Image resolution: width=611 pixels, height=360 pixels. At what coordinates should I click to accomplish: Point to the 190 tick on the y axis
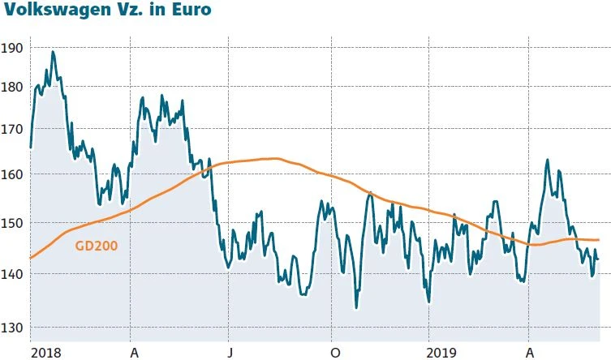pos(12,48)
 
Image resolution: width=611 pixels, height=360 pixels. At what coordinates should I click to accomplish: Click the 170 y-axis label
pos(12,128)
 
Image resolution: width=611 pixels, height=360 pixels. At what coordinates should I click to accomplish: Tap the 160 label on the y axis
pos(12,174)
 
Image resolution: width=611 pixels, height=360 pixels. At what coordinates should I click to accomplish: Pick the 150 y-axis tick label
pos(12,223)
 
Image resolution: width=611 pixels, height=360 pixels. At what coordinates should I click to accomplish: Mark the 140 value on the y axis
pos(12,274)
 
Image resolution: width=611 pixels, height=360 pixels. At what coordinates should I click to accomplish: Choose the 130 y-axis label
pos(12,327)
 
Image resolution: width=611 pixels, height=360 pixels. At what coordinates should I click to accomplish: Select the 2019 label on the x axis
pos(443,353)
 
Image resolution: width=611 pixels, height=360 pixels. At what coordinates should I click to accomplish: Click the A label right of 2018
pos(133,353)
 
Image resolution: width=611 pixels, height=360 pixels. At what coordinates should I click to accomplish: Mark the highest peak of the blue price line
pos(53,52)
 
